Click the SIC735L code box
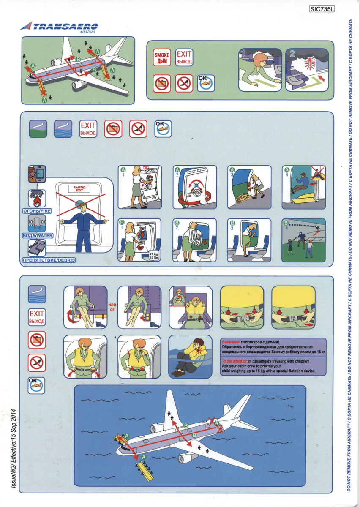coord(322,9)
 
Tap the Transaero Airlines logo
coord(59,27)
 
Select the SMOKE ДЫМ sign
coord(162,57)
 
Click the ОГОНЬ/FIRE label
coord(37,211)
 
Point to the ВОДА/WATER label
coord(38,235)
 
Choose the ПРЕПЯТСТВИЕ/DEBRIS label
coord(49,260)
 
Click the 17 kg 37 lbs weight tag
coord(154,256)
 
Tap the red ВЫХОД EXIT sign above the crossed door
coord(79,189)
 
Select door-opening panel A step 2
coord(195,187)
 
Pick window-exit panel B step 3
coord(249,240)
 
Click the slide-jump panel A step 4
coord(304,187)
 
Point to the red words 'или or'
coord(112,307)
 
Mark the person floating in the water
coord(191,357)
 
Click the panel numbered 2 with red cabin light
coord(307,70)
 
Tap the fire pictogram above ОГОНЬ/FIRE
coord(37,198)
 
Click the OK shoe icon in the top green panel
coord(206,83)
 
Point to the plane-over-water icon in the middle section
coord(63,129)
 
